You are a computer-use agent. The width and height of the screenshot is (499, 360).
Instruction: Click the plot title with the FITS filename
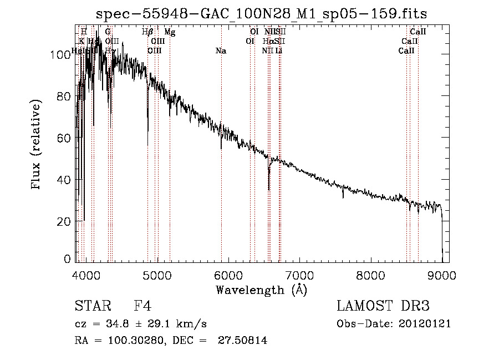[x=261, y=13]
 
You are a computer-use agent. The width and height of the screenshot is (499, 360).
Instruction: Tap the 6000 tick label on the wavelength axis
[x=228, y=275]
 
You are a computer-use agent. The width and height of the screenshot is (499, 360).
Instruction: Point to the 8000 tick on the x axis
[x=371, y=275]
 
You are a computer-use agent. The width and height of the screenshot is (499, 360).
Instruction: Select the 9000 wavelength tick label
[x=442, y=275]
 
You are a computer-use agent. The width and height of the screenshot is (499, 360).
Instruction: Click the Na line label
[x=221, y=51]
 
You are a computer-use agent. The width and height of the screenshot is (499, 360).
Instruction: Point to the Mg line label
[x=170, y=32]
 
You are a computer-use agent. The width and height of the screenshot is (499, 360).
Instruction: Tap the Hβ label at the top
[x=147, y=32]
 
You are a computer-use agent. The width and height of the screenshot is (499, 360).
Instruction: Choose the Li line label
[x=279, y=51]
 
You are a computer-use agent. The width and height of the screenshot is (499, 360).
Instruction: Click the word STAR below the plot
[x=92, y=306]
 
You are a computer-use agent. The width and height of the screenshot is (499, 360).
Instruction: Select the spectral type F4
[x=142, y=306]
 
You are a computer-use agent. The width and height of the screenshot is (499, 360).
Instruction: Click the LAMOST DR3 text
[x=383, y=306]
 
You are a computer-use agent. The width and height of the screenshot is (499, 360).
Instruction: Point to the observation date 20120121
[x=425, y=323]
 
